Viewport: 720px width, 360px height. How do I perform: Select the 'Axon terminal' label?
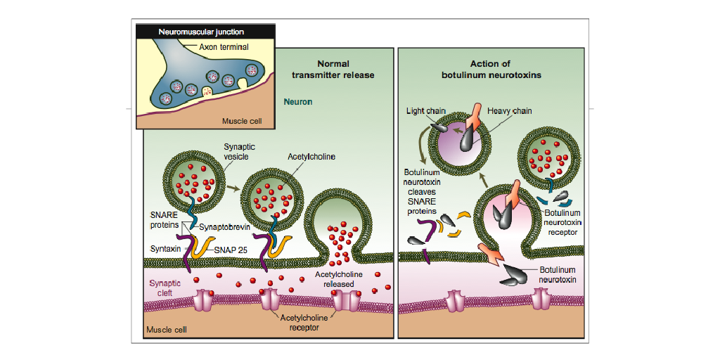[x=224, y=47]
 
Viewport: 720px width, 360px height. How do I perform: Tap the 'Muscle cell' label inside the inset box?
[x=242, y=121]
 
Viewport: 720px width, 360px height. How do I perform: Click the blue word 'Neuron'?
[x=298, y=102]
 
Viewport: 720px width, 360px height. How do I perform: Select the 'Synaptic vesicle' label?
[x=237, y=152]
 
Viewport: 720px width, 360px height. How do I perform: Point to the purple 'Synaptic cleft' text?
[x=165, y=288]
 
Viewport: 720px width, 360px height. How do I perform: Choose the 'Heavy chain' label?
[x=510, y=111]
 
